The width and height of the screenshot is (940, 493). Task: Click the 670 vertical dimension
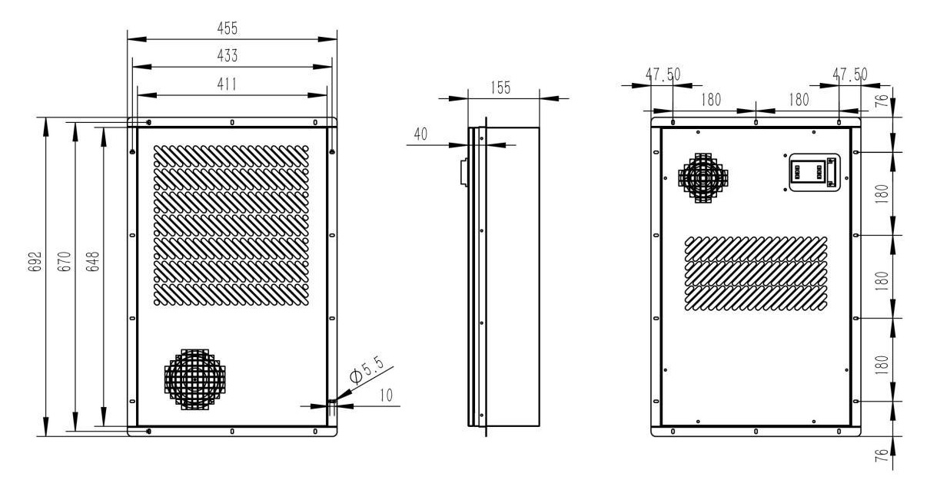click(x=66, y=264)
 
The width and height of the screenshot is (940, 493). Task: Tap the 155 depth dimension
click(x=500, y=88)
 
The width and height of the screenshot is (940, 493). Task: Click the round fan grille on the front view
click(x=194, y=379)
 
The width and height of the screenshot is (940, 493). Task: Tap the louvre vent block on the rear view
click(x=756, y=273)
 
